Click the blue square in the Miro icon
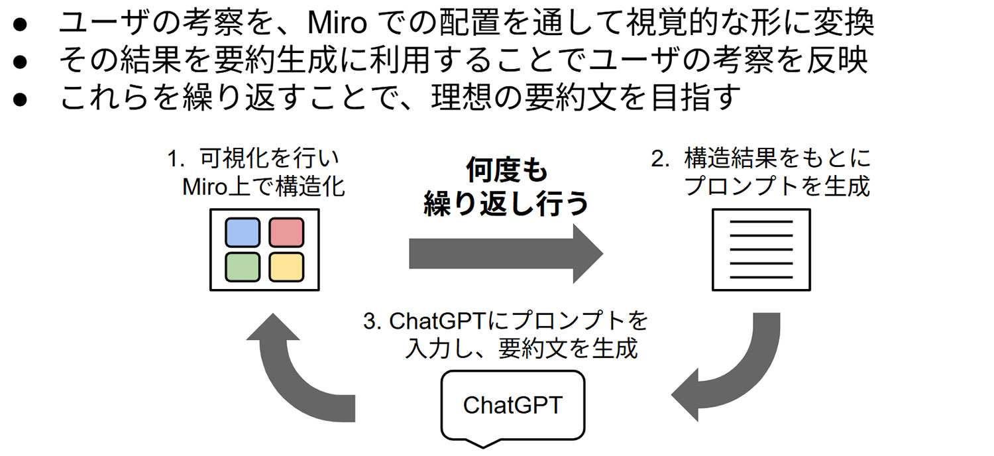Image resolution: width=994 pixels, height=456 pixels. (243, 233)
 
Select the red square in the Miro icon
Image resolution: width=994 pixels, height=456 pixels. (286, 233)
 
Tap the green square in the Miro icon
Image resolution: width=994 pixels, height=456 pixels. (243, 266)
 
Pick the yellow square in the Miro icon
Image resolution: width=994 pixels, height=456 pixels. (286, 266)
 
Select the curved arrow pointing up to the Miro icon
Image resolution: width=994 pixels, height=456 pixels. (292, 378)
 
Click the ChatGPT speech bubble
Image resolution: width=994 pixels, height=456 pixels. (512, 405)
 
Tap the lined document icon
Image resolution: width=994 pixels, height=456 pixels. (761, 250)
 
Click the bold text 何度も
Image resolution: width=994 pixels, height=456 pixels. (507, 170)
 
